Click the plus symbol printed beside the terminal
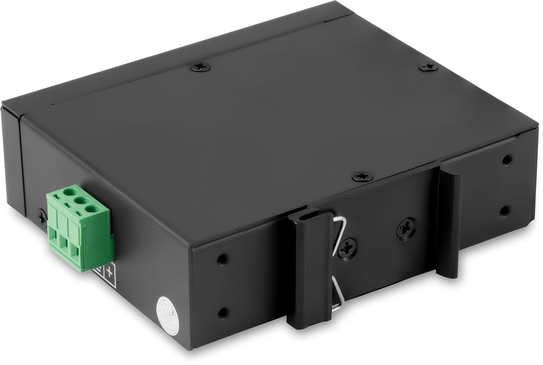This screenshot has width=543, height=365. click(x=111, y=272)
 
